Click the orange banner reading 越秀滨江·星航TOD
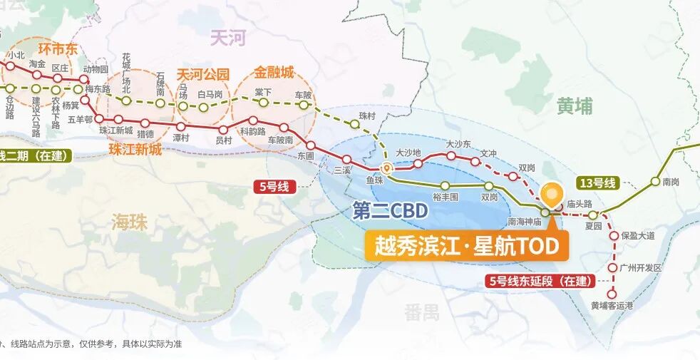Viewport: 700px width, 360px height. click(467, 246)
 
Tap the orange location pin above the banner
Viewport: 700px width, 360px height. click(550, 194)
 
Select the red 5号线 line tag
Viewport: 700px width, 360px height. click(273, 187)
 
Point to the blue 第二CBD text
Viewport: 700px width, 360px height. click(390, 211)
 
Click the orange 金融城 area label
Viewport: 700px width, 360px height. click(274, 72)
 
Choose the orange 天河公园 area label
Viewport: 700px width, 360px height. click(203, 74)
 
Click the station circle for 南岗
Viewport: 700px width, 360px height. click(655, 181)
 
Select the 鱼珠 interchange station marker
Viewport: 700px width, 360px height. click(386, 169)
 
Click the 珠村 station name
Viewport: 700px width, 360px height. click(366, 116)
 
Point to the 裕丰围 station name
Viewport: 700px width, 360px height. click(446, 197)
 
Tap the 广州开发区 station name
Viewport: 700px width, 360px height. click(642, 268)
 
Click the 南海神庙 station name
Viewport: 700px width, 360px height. click(525, 222)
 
